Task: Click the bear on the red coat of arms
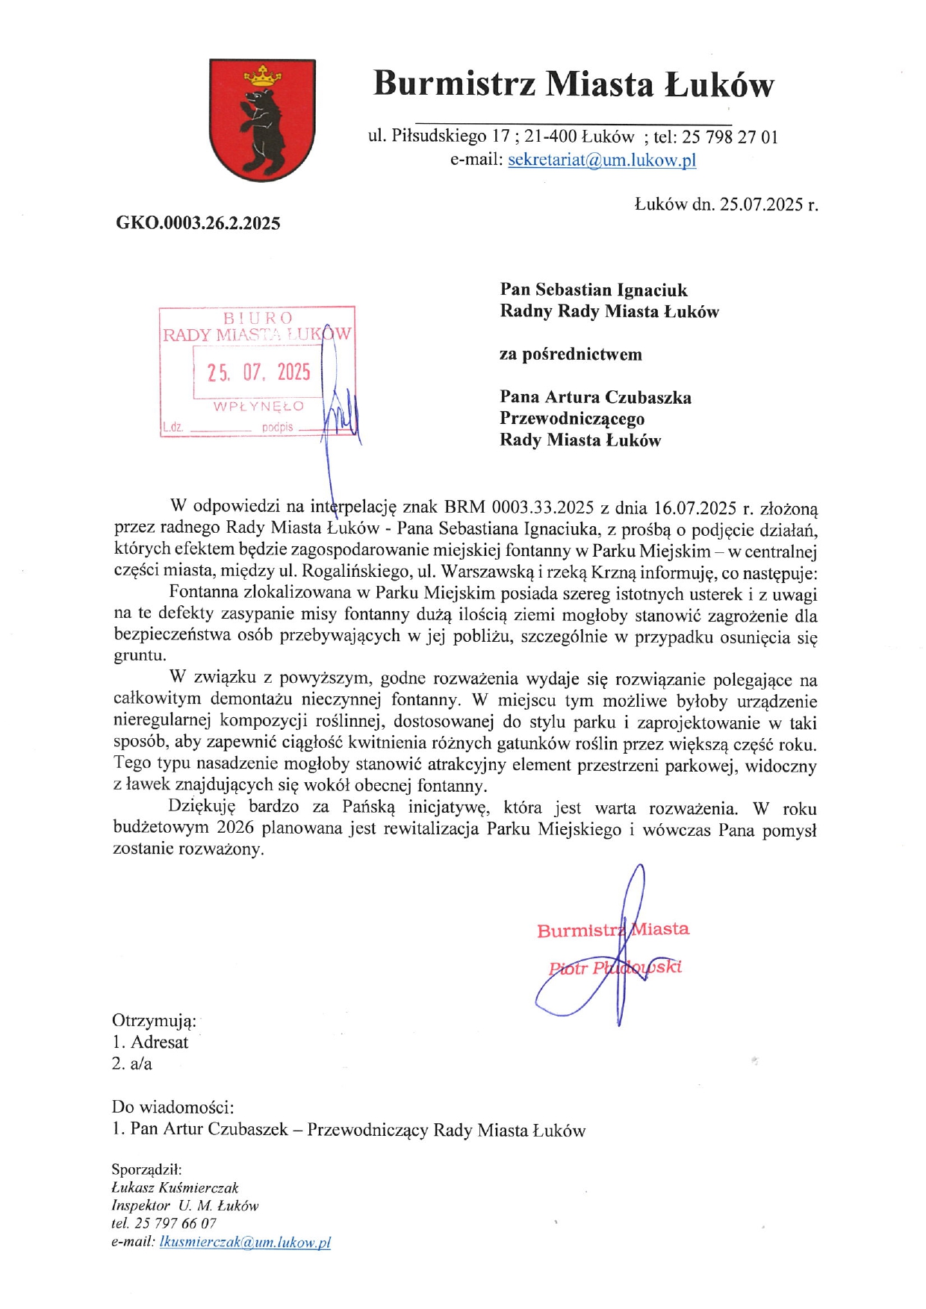(261, 127)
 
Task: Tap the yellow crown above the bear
(264, 75)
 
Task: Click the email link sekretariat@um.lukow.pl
(602, 160)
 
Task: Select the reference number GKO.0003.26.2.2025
(198, 223)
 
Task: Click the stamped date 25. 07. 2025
(258, 372)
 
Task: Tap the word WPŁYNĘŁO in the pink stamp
(258, 407)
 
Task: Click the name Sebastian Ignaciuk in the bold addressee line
(612, 290)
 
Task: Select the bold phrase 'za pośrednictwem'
(571, 354)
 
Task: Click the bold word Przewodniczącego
(572, 419)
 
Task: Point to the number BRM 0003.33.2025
(519, 508)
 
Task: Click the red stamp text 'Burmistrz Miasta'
(612, 930)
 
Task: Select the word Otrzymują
(154, 1020)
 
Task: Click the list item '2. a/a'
(132, 1063)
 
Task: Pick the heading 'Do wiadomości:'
(173, 1107)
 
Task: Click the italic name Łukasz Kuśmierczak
(175, 1187)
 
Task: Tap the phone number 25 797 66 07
(175, 1223)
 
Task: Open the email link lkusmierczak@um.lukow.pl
(245, 1242)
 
